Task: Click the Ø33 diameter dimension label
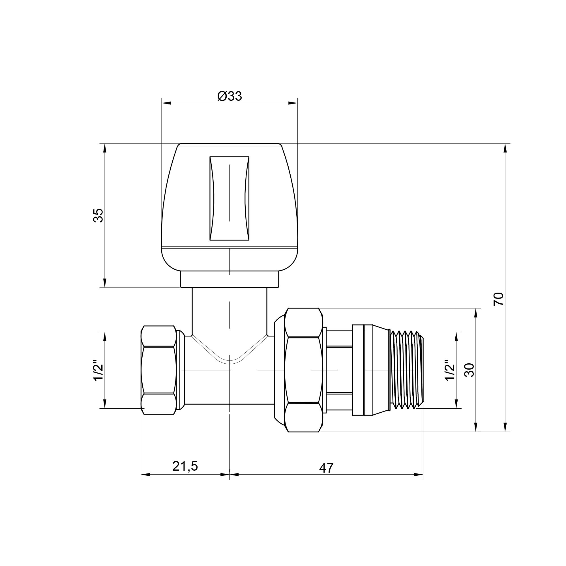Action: (x=230, y=96)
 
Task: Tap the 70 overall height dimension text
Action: (x=498, y=299)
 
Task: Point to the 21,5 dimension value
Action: (x=185, y=466)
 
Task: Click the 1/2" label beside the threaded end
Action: (x=449, y=370)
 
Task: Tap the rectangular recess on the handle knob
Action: (x=230, y=198)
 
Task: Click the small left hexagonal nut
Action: (x=158, y=370)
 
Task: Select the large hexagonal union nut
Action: (x=303, y=370)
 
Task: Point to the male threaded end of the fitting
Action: (x=407, y=370)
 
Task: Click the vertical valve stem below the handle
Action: (x=230, y=310)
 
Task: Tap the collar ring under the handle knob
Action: (x=230, y=279)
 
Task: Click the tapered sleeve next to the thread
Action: (x=372, y=370)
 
